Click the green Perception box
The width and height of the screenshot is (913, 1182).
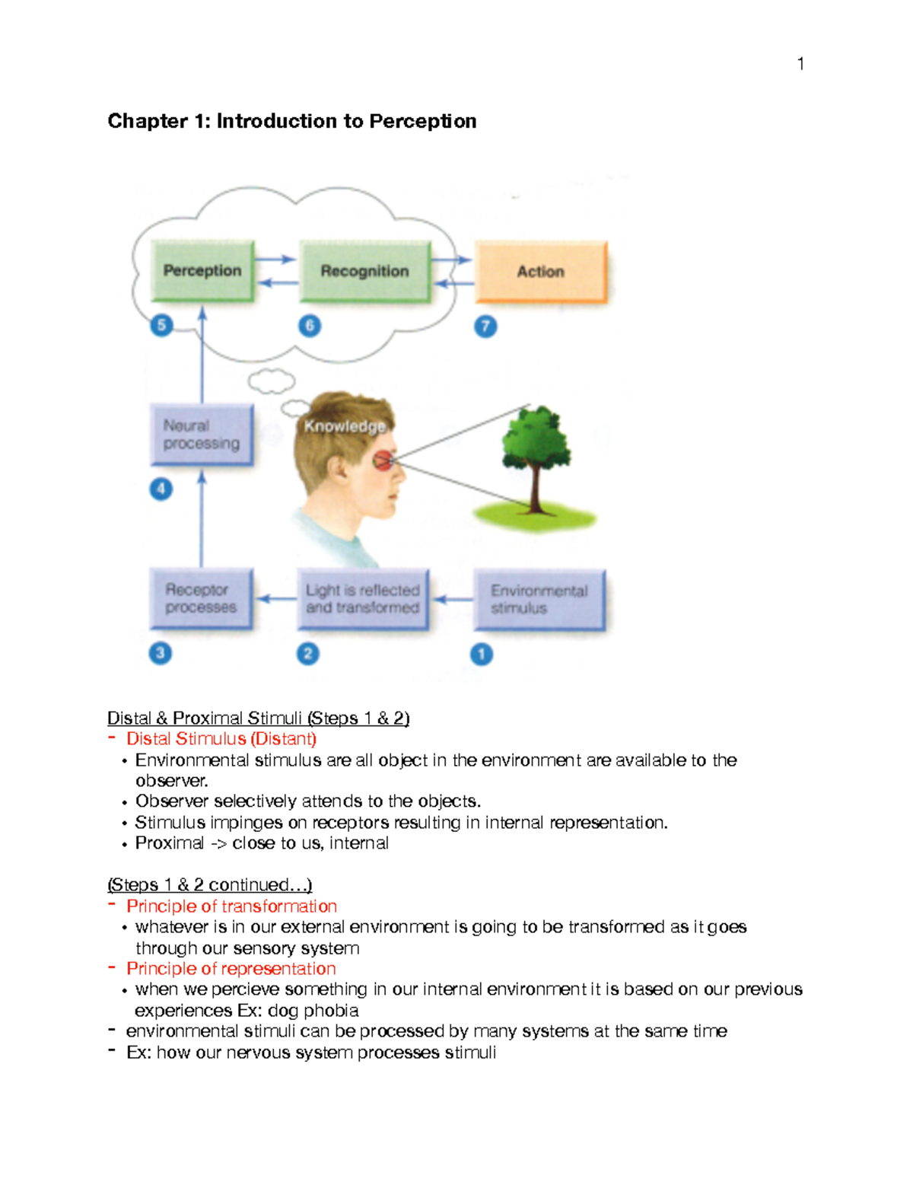[202, 271]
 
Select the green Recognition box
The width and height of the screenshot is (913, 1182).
[364, 272]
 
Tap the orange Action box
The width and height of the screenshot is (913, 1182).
[541, 272]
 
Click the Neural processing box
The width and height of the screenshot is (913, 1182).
[201, 435]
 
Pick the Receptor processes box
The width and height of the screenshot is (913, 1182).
[201, 599]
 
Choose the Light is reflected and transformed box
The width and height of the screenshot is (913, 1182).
[363, 599]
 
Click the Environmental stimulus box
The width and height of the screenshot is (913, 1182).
[539, 600]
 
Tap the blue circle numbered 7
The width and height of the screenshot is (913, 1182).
[485, 327]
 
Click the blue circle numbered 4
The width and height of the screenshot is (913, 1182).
[161, 489]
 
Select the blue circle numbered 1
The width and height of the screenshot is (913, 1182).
[481, 654]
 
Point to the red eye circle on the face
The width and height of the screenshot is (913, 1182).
[383, 460]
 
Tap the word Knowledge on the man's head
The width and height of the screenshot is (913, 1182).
[345, 426]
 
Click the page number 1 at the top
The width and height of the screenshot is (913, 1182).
[800, 64]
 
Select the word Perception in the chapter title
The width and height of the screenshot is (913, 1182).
[423, 121]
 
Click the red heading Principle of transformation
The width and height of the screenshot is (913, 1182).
[231, 906]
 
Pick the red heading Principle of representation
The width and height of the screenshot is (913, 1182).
[231, 969]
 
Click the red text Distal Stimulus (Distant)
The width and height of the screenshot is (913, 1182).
[221, 739]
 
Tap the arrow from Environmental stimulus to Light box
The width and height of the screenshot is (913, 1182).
[453, 600]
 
